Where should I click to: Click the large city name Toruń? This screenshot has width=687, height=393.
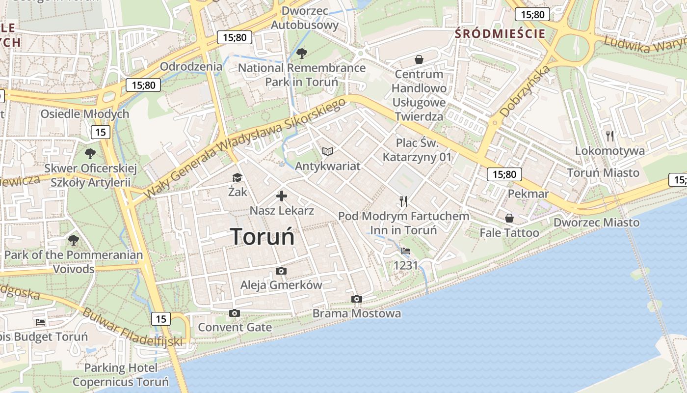pyautogui.click(x=263, y=237)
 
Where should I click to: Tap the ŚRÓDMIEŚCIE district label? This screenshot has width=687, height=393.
pyautogui.click(x=500, y=33)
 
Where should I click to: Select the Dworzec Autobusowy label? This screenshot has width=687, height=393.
pyautogui.click(x=305, y=18)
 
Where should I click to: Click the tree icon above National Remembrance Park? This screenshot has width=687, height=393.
pyautogui.click(x=301, y=53)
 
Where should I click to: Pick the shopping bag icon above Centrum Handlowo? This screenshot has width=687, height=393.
pyautogui.click(x=419, y=59)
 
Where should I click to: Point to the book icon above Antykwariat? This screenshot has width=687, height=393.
pyautogui.click(x=327, y=151)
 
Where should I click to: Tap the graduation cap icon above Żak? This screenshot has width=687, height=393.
pyautogui.click(x=238, y=177)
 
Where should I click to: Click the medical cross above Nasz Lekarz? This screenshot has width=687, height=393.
pyautogui.click(x=282, y=196)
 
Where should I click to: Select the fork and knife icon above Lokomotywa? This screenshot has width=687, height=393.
pyautogui.click(x=610, y=136)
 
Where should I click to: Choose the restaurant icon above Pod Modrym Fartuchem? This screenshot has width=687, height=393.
pyautogui.click(x=403, y=200)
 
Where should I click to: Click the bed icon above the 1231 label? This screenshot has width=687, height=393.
pyautogui.click(x=406, y=251)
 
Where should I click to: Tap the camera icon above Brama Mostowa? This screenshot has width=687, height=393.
pyautogui.click(x=357, y=299)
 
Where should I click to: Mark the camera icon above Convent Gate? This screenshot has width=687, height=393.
pyautogui.click(x=235, y=313)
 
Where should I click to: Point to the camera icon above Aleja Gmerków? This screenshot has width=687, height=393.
pyautogui.click(x=281, y=271)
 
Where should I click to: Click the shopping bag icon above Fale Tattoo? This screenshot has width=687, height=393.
pyautogui.click(x=509, y=218)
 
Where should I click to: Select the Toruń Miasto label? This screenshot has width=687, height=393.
pyautogui.click(x=603, y=172)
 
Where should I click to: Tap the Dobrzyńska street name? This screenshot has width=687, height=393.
pyautogui.click(x=525, y=91)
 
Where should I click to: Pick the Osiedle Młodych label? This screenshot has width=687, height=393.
pyautogui.click(x=85, y=114)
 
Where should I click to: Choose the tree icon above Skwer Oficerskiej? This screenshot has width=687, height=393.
pyautogui.click(x=90, y=154)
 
